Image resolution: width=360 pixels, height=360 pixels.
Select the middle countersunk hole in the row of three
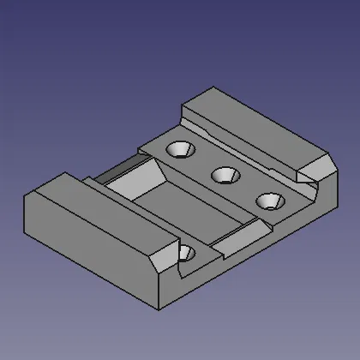pos(225,175)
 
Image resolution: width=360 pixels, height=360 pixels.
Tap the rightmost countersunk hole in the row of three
pos(270,201)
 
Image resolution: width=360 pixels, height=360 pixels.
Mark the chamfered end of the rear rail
pos(315,165)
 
